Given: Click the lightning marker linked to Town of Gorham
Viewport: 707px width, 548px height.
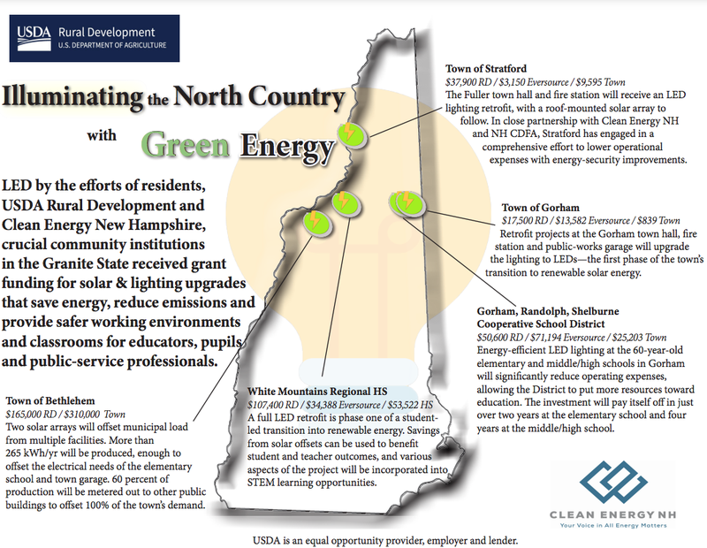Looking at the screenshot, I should pyautogui.click(x=405, y=202).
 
